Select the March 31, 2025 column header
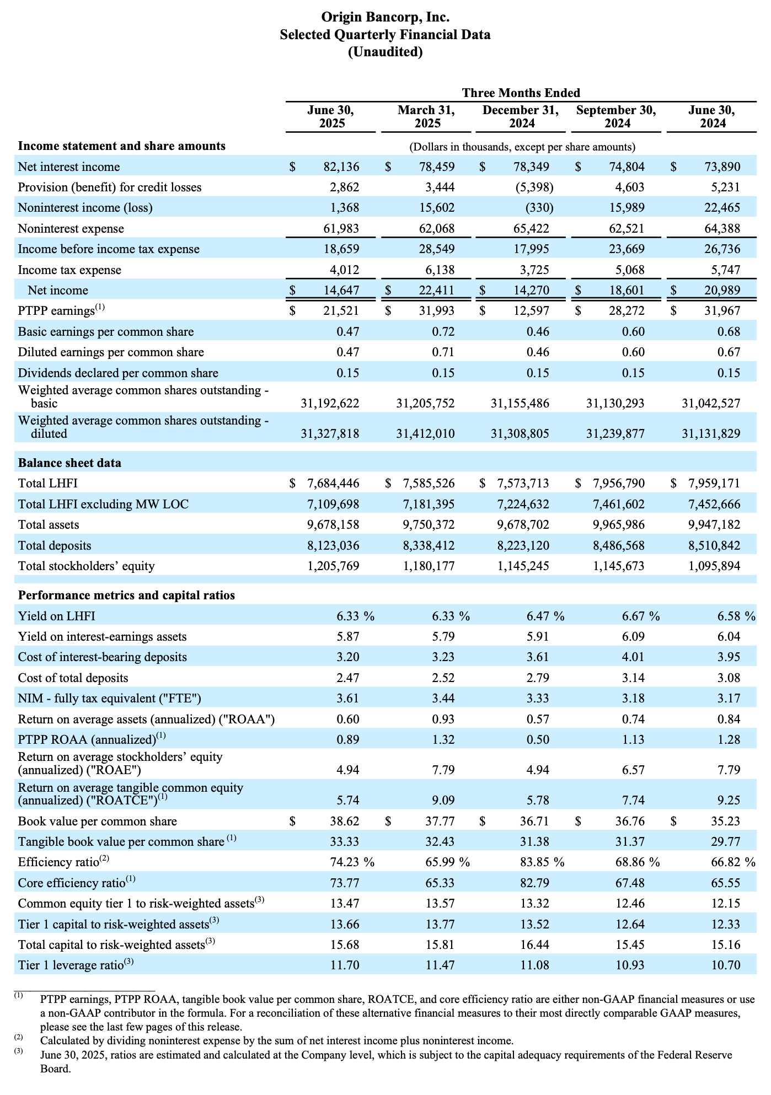[426, 116]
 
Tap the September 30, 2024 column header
[616, 116]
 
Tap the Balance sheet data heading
[69, 463]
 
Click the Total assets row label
[49, 524]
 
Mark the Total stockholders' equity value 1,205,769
[333, 566]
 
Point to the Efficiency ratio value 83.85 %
[545, 862]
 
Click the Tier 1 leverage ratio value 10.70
[726, 965]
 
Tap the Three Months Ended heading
[521, 93]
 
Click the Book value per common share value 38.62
[344, 821]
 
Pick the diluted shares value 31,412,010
[426, 434]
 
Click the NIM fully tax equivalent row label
[110, 699]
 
